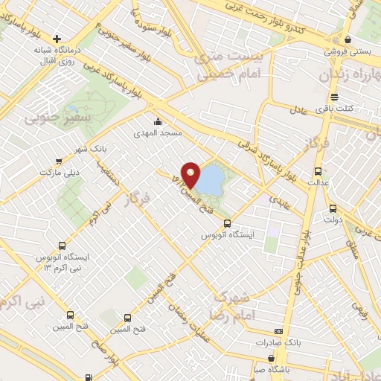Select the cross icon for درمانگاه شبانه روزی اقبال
coord(57,39)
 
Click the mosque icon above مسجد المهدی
coord(157,122)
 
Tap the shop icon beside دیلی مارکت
coord(58,160)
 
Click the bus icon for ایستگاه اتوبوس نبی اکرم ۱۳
coord(62,245)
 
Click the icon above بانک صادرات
coord(278,331)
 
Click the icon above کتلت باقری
coord(334,97)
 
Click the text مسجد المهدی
coord(158,132)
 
